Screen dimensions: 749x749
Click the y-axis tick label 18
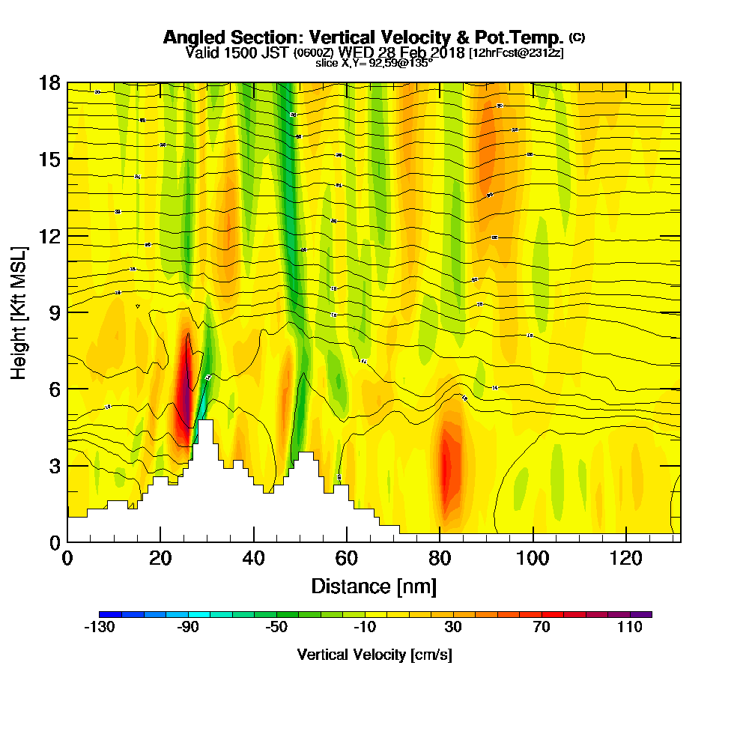49,82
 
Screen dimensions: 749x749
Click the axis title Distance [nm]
374,585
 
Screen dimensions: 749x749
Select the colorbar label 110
630,628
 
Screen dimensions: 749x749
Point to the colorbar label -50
276,628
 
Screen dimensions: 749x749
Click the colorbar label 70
542,628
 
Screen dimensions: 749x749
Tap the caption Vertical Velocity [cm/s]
374,655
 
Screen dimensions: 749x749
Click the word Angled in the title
190,37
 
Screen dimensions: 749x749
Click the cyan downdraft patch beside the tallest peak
201,408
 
